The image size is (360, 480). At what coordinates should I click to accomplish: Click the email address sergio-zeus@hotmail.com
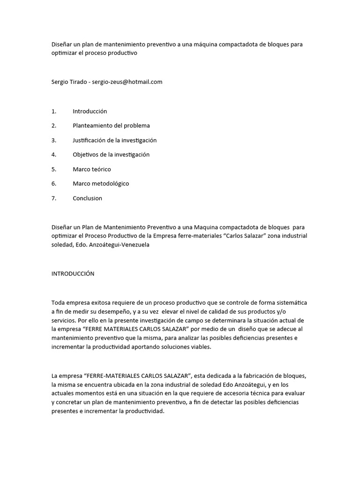127,82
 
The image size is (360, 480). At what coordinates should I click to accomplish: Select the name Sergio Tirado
69,82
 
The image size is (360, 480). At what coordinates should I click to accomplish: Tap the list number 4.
54,155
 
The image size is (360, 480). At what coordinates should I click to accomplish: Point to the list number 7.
54,198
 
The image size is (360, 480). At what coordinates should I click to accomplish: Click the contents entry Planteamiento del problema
111,126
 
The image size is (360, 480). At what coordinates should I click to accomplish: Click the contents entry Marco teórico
92,169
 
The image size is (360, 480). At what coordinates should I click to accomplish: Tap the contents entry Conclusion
87,198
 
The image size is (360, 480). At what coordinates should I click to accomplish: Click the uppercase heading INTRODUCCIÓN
73,274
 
